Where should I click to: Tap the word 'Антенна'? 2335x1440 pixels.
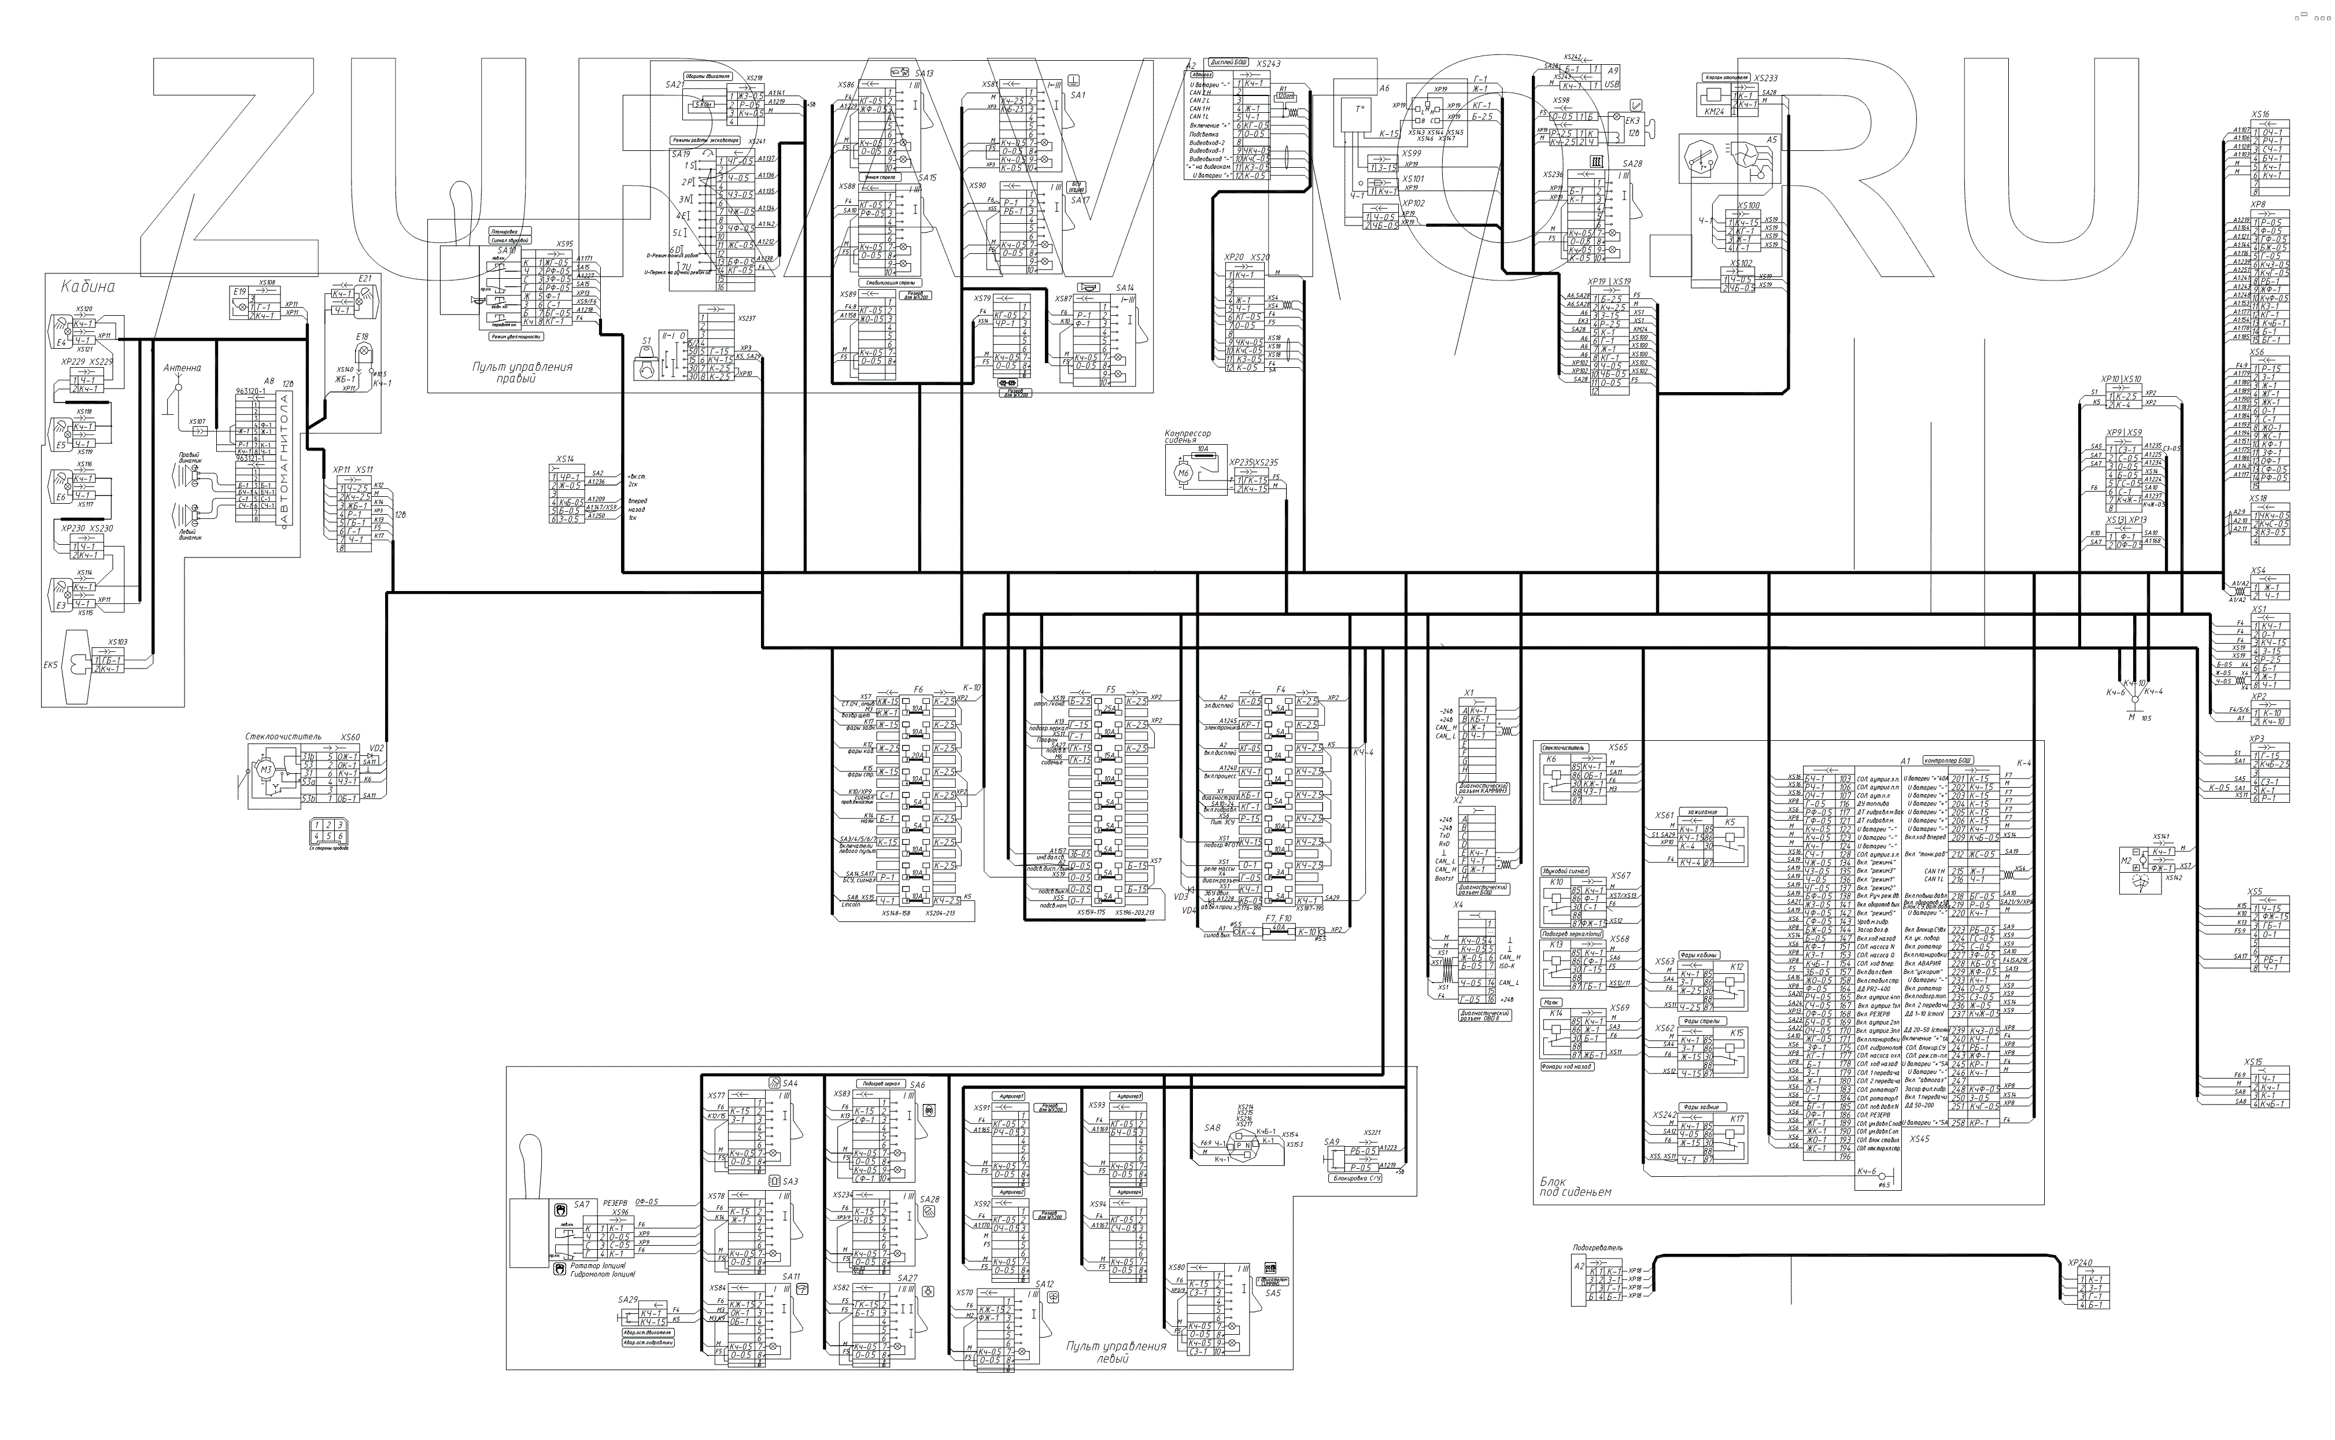coord(182,368)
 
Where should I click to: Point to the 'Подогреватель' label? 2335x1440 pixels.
coord(1597,1247)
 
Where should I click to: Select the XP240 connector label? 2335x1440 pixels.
coord(2080,1263)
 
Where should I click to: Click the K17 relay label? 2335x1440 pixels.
coord(1737,1119)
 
